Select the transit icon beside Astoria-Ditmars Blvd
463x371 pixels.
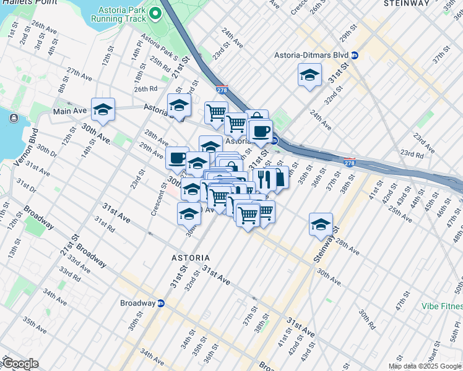(x=353, y=55)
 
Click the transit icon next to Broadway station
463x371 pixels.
(x=161, y=303)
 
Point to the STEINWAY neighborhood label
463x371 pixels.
(x=406, y=4)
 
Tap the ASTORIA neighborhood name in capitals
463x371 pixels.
(x=191, y=257)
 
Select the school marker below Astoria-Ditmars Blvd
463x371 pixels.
(x=309, y=75)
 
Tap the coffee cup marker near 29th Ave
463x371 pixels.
(x=177, y=158)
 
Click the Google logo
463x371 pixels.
(x=20, y=364)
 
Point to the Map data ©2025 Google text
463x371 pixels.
(x=425, y=366)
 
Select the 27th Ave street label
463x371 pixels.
(x=79, y=74)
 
